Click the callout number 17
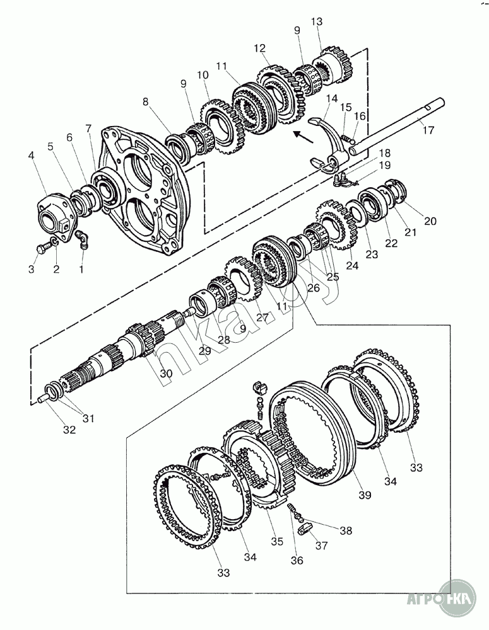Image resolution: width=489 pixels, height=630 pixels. pos(428,130)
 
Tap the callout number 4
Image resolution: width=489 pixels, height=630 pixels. pos(32,155)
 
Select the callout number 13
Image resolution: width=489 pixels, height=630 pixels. pos(317,21)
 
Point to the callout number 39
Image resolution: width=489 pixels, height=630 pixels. pos(365,495)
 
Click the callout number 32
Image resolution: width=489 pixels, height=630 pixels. pos(69,430)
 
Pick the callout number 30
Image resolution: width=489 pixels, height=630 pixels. pos(166,373)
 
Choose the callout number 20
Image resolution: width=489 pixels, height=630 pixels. pos(430,221)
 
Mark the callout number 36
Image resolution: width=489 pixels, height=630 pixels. pos(297,560)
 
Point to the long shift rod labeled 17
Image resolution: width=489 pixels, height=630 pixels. pos(396,126)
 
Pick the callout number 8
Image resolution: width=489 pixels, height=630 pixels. pos(145,102)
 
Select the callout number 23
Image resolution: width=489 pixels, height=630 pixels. pos(372,254)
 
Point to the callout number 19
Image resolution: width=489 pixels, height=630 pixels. pos(384,165)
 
